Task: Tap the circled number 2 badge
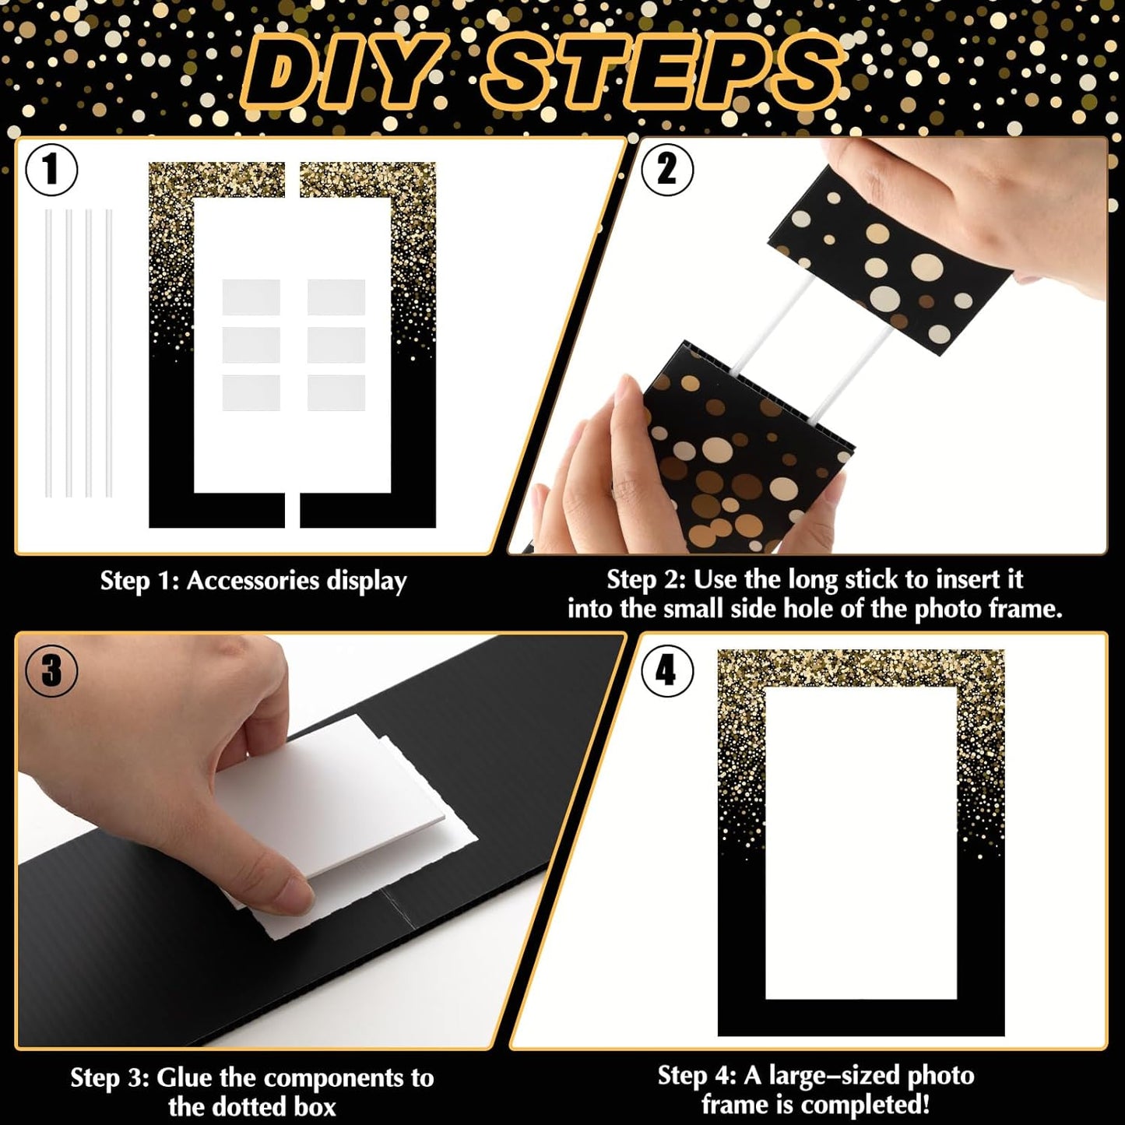(x=666, y=169)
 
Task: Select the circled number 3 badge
(x=51, y=670)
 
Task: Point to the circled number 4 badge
(x=666, y=670)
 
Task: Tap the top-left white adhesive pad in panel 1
(x=251, y=297)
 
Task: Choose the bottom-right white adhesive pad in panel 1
(x=336, y=393)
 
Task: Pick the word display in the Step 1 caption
(x=366, y=581)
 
